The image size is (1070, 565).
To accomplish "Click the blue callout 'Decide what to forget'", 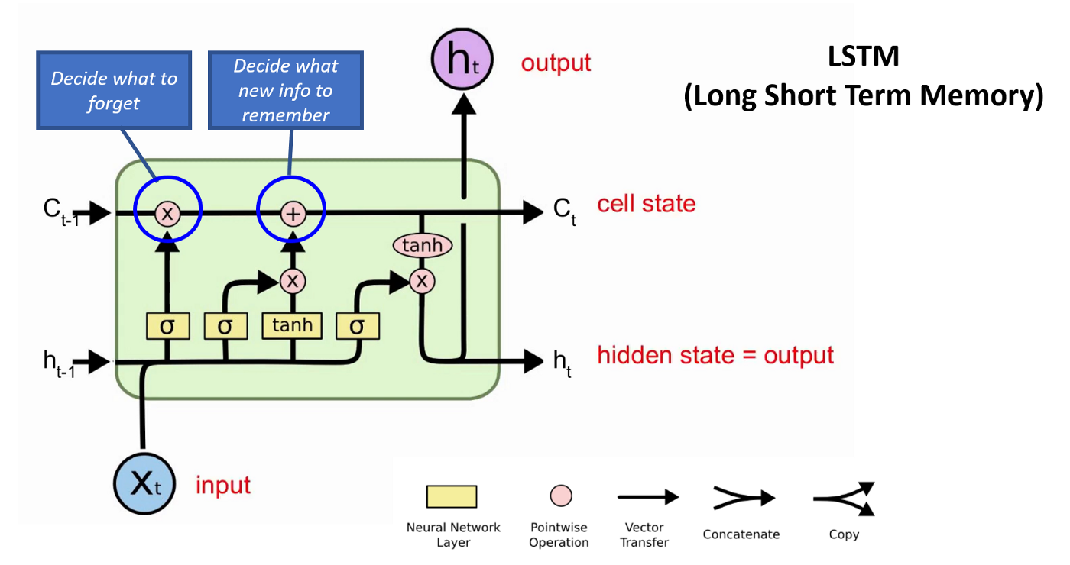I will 113,90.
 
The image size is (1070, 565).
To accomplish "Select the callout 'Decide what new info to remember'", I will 285,90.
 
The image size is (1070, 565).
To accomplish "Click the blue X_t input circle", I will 144,484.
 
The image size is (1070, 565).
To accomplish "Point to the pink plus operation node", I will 292,214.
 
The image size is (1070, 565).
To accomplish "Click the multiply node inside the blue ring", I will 167,214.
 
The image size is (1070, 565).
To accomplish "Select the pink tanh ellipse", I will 422,245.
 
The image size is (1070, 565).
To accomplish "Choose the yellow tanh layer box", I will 292,326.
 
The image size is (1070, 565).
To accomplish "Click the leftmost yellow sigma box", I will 167,326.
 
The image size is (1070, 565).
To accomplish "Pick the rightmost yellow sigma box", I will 357,326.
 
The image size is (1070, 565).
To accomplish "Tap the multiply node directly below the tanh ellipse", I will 421,282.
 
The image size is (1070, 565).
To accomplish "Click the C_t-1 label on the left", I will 60,211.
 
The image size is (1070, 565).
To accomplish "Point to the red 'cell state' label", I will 646,204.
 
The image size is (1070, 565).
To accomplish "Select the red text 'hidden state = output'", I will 715,355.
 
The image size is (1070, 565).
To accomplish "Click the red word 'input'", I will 223,485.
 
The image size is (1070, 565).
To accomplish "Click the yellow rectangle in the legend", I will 451,497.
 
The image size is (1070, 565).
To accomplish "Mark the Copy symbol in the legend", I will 845,499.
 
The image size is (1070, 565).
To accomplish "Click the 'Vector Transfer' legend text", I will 644,534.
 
